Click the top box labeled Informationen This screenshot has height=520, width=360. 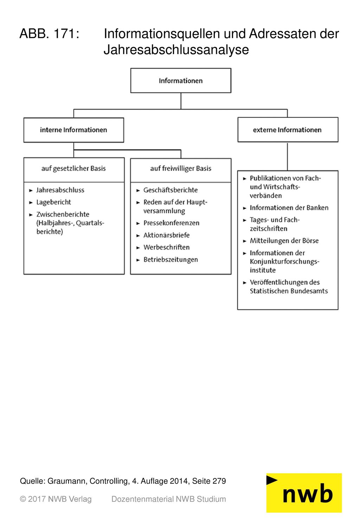pos(181,81)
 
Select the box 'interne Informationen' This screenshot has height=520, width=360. pos(73,130)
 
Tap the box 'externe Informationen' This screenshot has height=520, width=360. pos(288,130)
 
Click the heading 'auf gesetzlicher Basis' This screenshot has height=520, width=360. pos(73,168)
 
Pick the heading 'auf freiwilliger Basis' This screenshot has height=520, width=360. pos(181,168)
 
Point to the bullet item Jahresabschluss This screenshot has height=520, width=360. pos(60,190)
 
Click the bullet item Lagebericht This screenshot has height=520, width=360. pos(53,202)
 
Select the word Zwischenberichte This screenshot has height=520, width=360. pos(63,214)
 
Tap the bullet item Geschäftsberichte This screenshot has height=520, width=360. pos(171,190)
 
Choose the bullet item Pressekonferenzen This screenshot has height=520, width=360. pos(171,223)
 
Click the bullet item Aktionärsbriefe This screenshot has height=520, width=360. pos(166,235)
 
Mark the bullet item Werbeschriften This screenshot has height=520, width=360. pos(166,247)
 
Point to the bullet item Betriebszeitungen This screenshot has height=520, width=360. pos(171,259)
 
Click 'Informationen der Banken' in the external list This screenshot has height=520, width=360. pos(289,208)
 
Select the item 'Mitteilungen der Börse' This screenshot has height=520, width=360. pos(284,241)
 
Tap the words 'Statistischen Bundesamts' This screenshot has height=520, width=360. pos(289,291)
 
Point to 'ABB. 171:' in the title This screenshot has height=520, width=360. pos(50,34)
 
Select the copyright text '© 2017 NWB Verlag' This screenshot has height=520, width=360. pos(56,499)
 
